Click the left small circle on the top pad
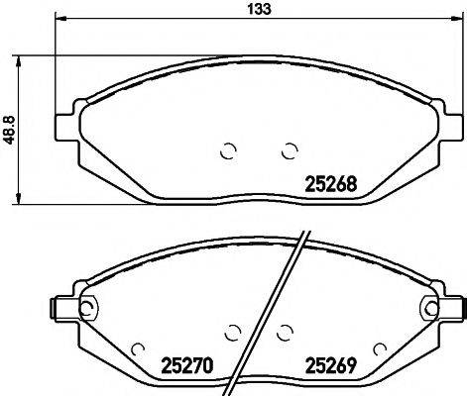pos(226,151)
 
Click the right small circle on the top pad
pos(290,151)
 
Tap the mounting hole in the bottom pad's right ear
pos(430,308)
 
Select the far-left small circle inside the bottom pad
pos(138,349)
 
